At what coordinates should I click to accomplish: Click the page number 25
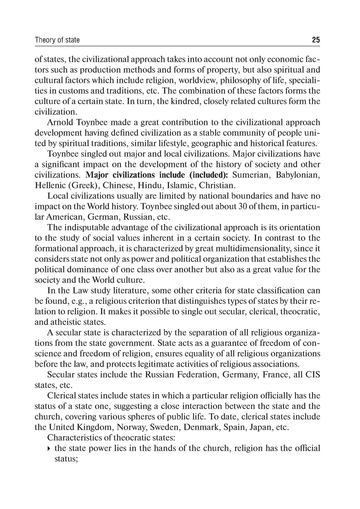(x=316, y=40)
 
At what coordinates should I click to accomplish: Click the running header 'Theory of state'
(x=57, y=40)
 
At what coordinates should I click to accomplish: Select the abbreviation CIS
(x=312, y=375)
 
